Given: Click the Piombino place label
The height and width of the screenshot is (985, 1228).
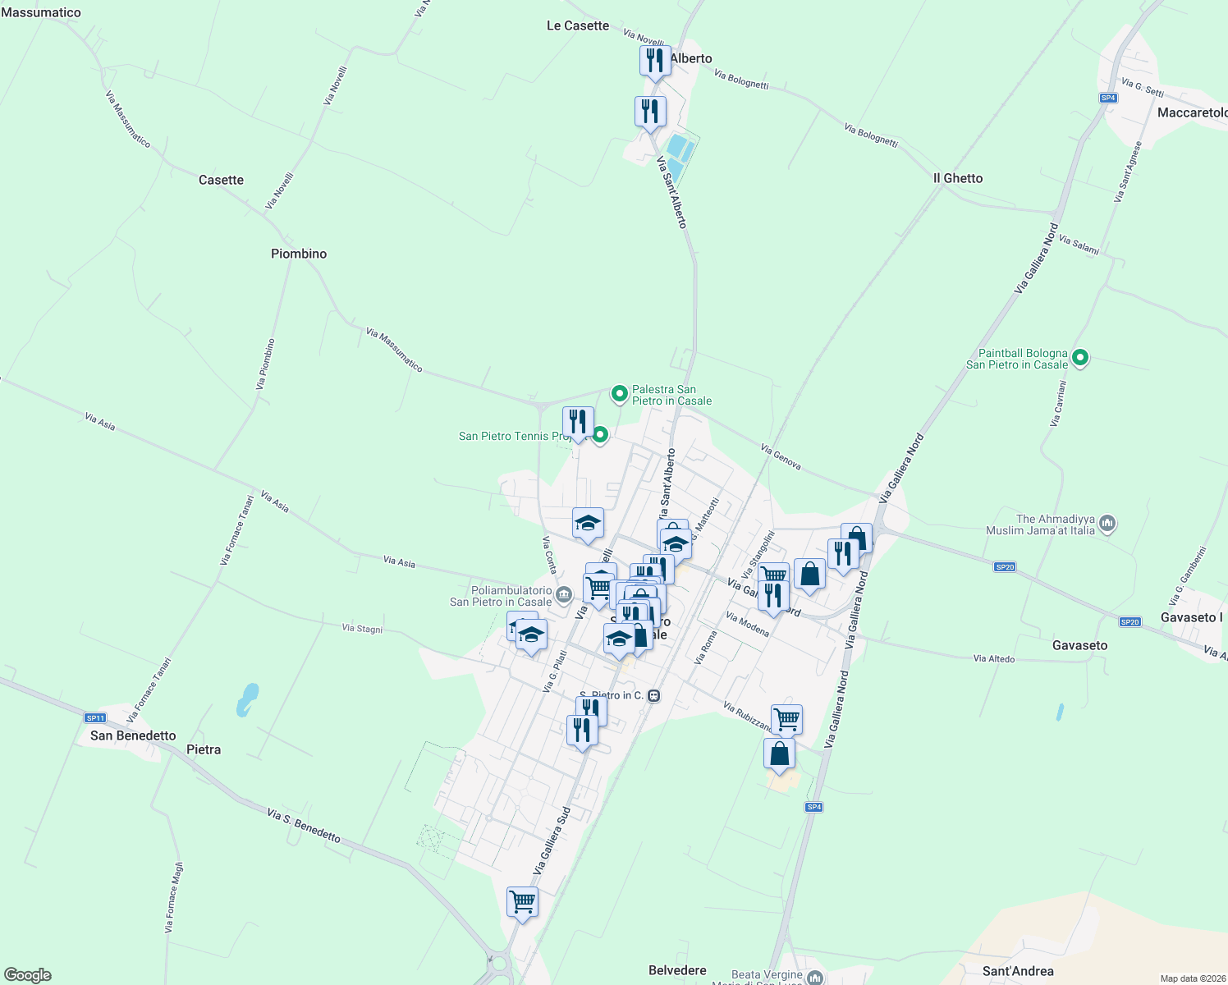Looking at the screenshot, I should click(299, 254).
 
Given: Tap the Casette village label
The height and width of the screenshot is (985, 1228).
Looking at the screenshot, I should click(221, 180).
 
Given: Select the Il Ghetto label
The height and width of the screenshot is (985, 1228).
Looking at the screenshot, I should click(957, 178).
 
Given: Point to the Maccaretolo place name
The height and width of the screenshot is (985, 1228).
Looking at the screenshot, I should click(1192, 112).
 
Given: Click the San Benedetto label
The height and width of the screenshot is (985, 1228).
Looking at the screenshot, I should click(133, 735).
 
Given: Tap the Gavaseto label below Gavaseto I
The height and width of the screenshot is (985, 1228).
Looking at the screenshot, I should click(1079, 645).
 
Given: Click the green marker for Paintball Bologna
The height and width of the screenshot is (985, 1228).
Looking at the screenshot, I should click(1080, 358).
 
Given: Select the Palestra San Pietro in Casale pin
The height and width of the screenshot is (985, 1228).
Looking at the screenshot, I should click(620, 394).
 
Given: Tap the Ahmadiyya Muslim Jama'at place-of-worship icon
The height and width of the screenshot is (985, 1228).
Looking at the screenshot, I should click(1107, 524).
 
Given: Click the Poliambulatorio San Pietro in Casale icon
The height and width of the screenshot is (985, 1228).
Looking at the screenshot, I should click(563, 595).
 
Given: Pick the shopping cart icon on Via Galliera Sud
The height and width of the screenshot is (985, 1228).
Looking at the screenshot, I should click(522, 902).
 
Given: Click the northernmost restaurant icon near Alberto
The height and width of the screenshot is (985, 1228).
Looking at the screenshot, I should click(655, 61).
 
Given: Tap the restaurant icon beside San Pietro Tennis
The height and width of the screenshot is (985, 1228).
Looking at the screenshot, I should click(578, 422).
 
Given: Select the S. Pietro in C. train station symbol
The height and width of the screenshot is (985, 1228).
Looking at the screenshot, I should click(654, 695).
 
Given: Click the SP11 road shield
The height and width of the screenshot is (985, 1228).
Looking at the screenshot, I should click(95, 717).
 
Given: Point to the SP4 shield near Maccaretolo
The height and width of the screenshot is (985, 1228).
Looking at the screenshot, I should click(1108, 98).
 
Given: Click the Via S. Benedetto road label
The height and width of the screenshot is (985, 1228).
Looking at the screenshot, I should click(304, 825).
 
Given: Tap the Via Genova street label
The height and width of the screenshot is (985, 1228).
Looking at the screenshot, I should click(781, 457).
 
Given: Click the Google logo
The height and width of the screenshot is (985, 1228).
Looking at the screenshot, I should click(28, 975).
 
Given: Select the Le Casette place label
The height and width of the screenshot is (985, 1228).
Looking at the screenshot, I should click(578, 25).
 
